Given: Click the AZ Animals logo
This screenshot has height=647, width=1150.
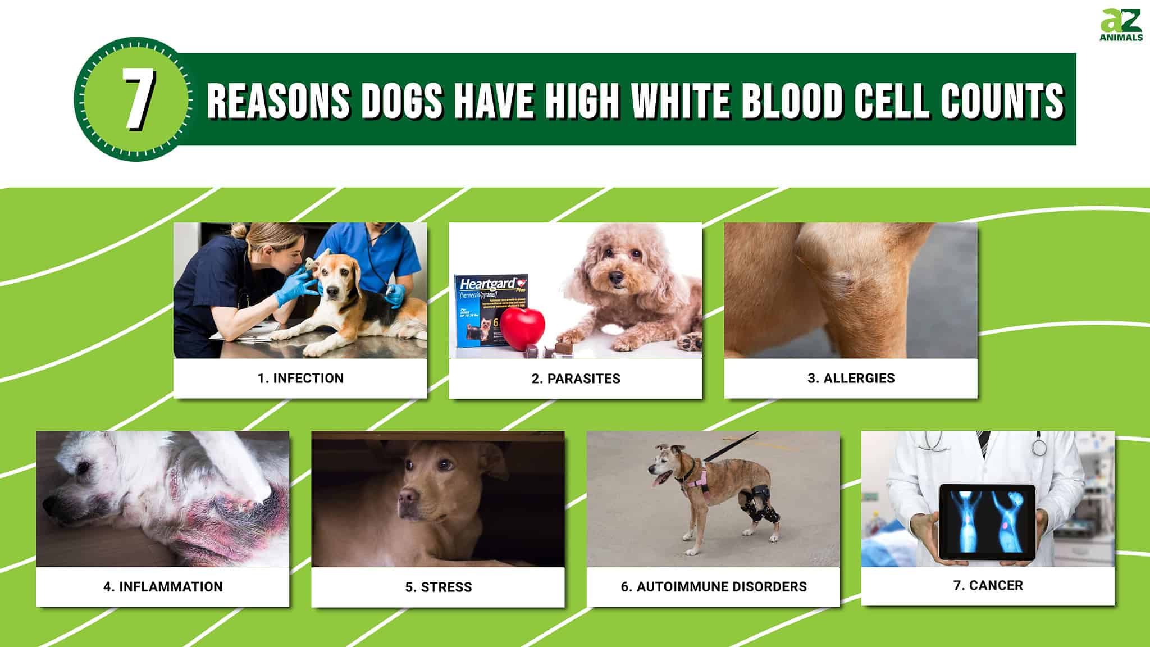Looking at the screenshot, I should coord(1121,25).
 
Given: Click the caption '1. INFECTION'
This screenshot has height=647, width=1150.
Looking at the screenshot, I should coord(300,378).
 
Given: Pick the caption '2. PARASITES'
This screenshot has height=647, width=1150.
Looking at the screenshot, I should coord(576,379).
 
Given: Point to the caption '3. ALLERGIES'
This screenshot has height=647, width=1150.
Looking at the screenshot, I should coord(851,378).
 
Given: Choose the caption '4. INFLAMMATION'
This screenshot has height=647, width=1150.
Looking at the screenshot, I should coord(163,586).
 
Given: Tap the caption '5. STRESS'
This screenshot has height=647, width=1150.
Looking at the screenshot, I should coord(439,587).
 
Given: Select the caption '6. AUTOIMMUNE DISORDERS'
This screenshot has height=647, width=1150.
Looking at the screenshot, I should coord(714,586).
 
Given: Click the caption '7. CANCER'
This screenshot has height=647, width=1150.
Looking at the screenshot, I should coord(988,585).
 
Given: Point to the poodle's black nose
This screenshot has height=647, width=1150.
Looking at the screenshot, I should coord(617,277).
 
